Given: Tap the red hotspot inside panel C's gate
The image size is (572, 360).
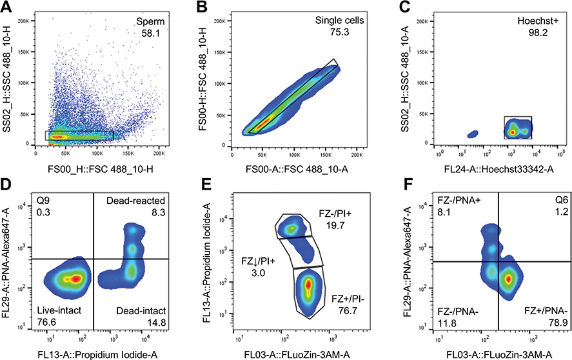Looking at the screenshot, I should click(512, 132).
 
